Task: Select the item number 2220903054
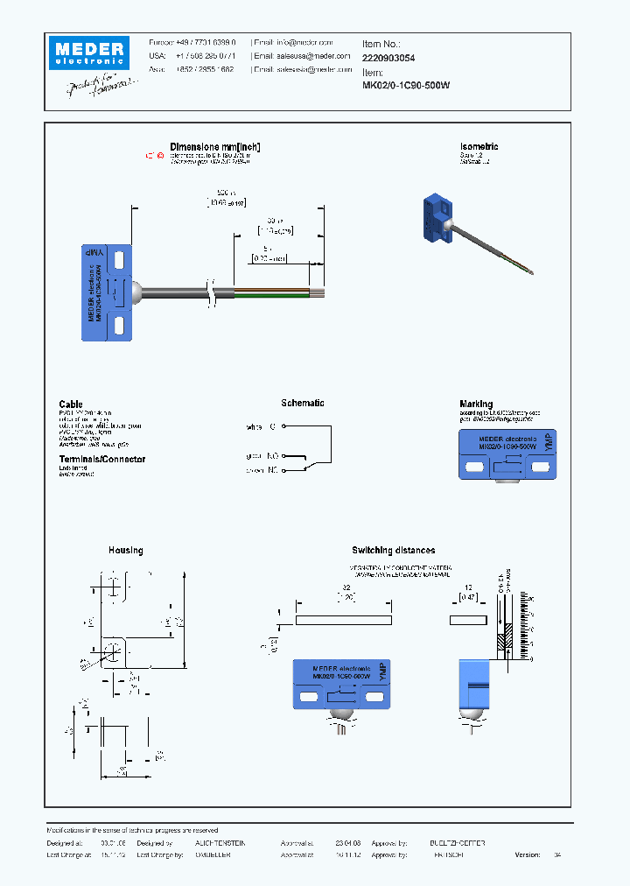click(x=389, y=57)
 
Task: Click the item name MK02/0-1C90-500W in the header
click(x=406, y=86)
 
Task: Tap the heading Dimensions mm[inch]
click(x=215, y=147)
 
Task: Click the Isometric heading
click(x=479, y=147)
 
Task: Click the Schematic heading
click(x=303, y=404)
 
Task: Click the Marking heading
click(x=479, y=404)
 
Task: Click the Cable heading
click(x=71, y=404)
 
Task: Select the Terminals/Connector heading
click(x=102, y=460)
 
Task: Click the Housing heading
click(x=125, y=551)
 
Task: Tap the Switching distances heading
click(x=393, y=551)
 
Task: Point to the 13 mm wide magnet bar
click(x=467, y=620)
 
